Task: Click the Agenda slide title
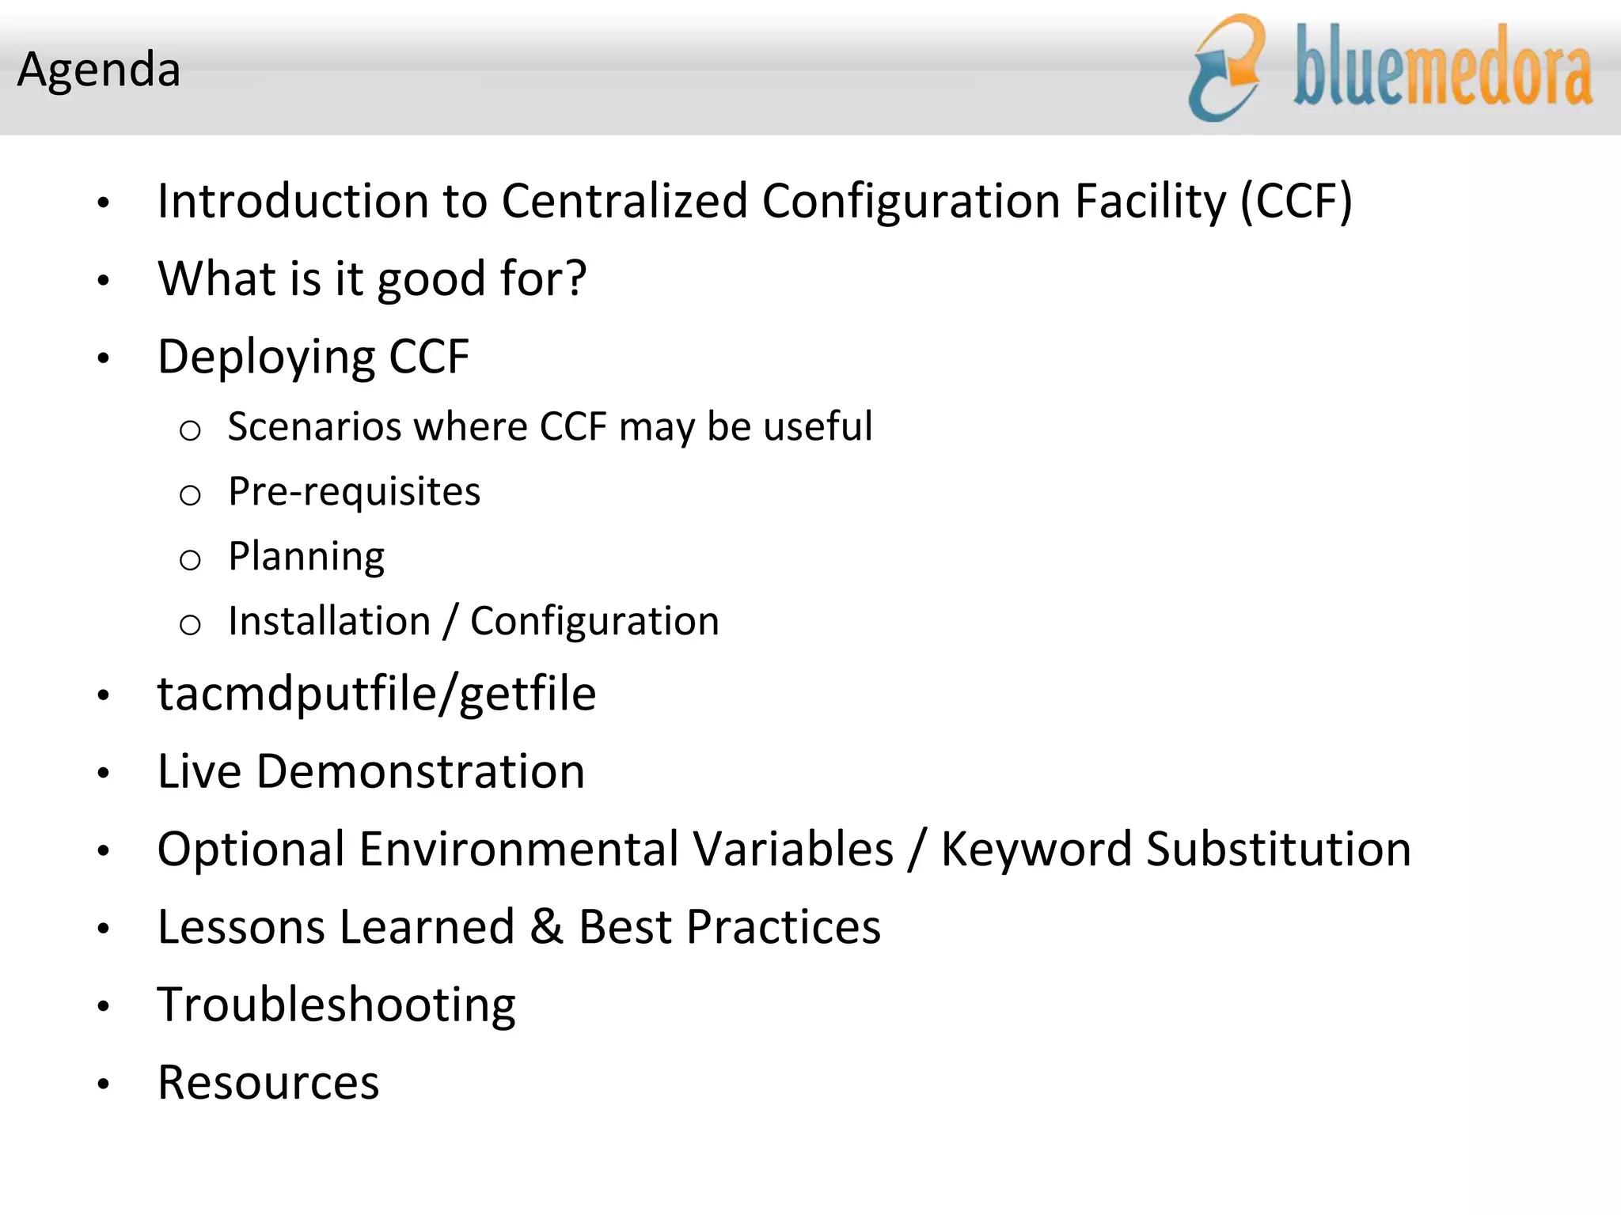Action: point(99,70)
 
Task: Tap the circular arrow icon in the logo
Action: point(1227,69)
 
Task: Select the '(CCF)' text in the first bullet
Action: point(1296,201)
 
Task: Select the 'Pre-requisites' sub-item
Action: point(354,492)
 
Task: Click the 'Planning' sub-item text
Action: point(306,557)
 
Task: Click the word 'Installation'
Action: point(329,622)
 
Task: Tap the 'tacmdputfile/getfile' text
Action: point(377,695)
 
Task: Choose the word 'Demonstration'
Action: point(420,772)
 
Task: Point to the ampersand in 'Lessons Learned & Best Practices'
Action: point(546,927)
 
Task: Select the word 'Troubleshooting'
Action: point(336,1005)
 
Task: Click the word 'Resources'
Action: point(268,1083)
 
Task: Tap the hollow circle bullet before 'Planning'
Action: point(190,560)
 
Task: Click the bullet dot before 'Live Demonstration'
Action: point(103,773)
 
